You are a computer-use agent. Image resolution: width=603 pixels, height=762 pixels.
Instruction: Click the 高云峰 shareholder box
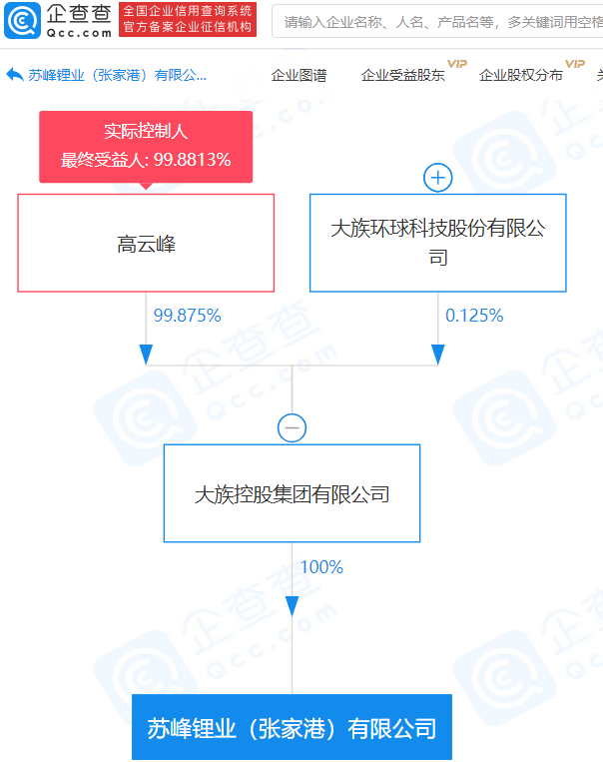[x=146, y=243]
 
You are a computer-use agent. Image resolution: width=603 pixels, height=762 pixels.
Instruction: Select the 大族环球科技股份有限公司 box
[x=438, y=243]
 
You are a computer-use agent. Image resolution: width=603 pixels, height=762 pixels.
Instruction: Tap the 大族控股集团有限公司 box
[x=292, y=493]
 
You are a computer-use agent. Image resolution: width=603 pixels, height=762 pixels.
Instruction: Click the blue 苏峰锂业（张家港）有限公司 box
[x=292, y=727]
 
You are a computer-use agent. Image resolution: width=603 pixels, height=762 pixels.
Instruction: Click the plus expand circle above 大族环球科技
[x=438, y=178]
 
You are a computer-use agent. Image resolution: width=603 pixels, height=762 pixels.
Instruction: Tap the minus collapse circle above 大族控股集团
[x=292, y=427]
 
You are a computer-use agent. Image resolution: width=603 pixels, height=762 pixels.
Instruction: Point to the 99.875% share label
[x=187, y=316]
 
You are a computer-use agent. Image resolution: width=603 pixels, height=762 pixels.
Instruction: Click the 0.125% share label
[x=474, y=316]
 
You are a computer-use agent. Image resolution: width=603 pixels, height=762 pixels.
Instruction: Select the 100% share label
[x=321, y=566]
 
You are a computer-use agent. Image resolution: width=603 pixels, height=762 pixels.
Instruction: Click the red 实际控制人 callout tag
[x=146, y=147]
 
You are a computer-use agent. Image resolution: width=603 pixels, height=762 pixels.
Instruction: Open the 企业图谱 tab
[x=299, y=75]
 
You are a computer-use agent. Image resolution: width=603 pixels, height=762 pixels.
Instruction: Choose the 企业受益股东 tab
[x=402, y=75]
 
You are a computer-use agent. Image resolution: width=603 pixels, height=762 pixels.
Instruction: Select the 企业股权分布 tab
[x=521, y=75]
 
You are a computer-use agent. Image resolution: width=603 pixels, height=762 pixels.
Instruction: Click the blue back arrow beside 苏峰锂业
[x=15, y=74]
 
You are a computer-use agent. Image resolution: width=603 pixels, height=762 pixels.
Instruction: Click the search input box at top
[x=437, y=21]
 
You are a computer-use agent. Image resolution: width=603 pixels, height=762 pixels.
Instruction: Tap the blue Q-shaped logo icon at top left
[x=22, y=20]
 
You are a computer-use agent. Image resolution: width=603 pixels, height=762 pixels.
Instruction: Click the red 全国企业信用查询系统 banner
[x=188, y=19]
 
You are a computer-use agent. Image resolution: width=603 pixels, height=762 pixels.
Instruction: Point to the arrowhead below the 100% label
[x=292, y=606]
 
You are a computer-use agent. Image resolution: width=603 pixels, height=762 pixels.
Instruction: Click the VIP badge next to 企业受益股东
[x=457, y=64]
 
